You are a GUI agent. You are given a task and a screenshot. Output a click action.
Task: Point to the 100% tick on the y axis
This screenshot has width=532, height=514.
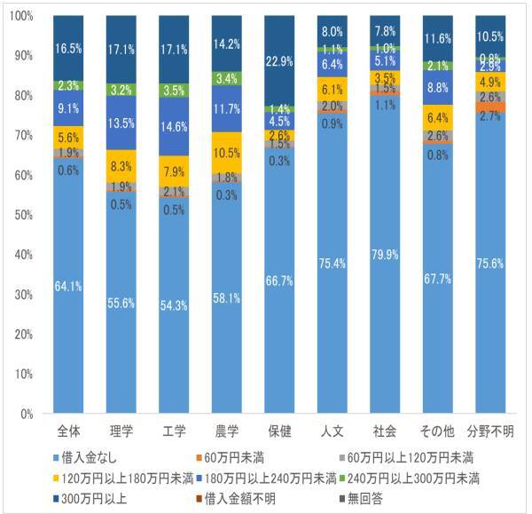tap(24, 16)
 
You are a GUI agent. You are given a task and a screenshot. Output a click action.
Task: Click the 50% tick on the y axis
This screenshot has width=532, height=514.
tap(24, 215)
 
